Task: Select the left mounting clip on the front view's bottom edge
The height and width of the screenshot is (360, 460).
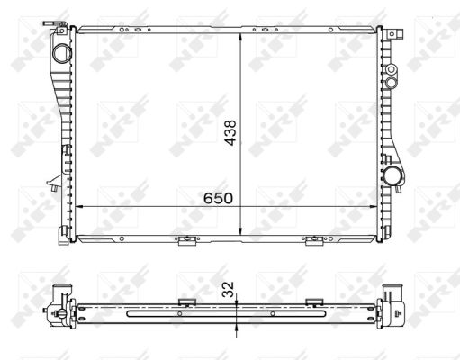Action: coord(184,240)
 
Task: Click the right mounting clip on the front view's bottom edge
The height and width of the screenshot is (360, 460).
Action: coord(314,240)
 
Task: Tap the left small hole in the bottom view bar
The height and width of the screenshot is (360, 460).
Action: coord(179,313)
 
